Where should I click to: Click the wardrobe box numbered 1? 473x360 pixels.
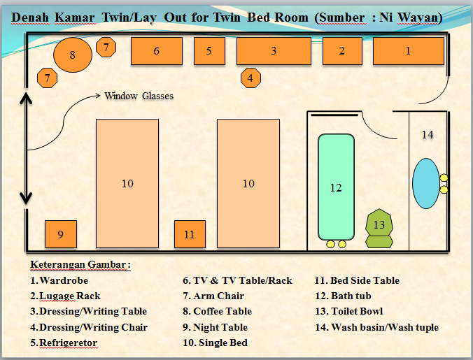408,50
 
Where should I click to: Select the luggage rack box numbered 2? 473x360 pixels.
341,50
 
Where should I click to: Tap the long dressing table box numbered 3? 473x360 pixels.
274,50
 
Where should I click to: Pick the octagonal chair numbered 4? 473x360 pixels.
250,78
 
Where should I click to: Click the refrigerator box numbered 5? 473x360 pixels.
209,50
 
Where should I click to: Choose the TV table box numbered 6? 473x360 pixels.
157,50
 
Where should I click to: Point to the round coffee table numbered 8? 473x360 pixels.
73,55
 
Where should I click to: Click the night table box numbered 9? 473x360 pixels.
60,234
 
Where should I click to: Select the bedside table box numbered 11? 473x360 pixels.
190,234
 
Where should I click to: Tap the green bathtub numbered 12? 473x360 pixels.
336,187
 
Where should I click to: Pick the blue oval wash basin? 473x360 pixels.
425,183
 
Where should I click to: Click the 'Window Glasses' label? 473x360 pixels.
139,96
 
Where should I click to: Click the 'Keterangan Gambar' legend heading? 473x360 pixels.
80,265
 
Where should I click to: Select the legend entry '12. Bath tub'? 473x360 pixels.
343,296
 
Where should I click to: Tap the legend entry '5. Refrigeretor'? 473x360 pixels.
64,343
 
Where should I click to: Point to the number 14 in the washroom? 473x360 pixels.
428,134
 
